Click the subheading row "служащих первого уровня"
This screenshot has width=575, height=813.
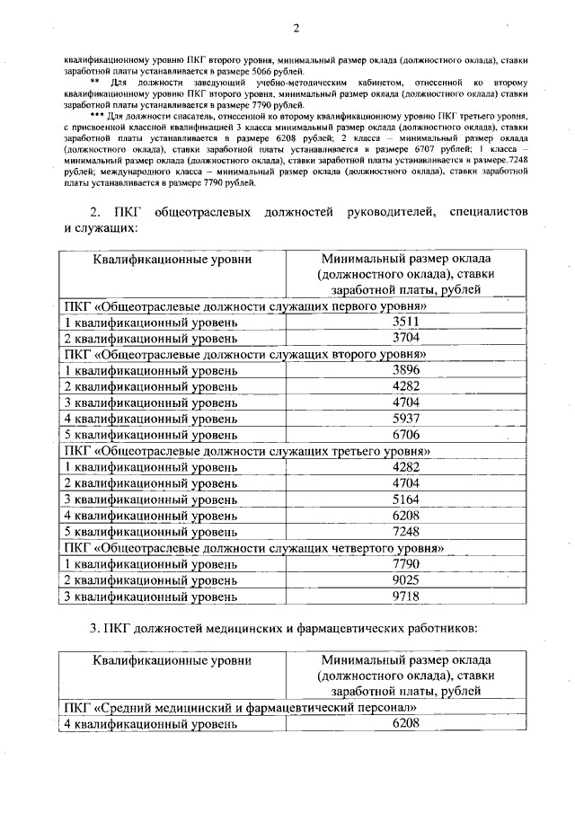point(244,305)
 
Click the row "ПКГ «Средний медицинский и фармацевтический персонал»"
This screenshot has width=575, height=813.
point(245,708)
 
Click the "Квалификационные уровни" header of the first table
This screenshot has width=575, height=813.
point(172,259)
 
